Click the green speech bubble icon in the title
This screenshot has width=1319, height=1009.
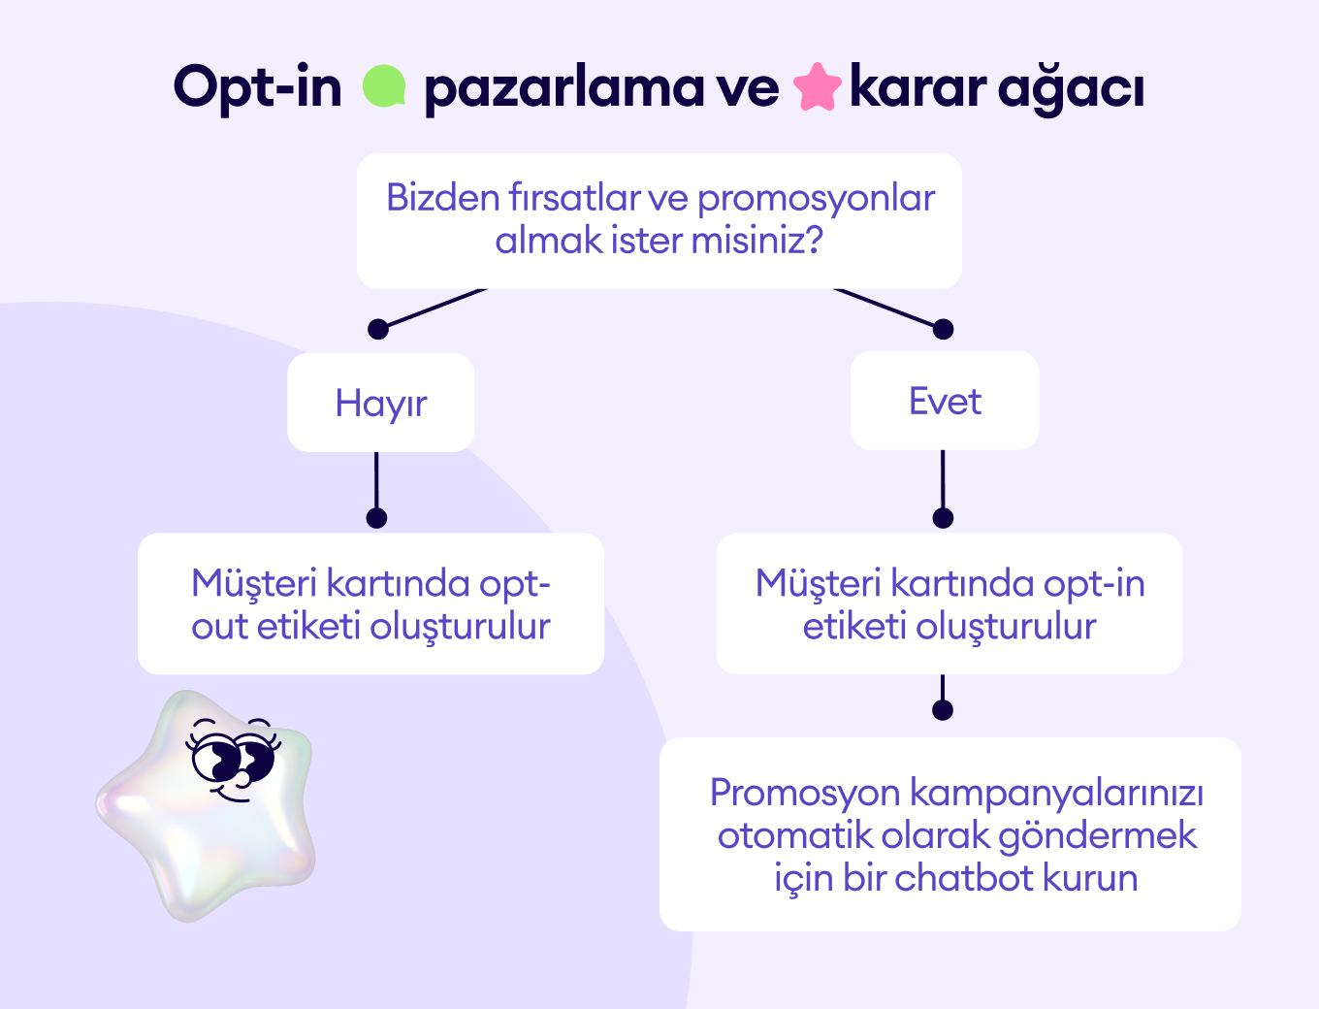pos(384,86)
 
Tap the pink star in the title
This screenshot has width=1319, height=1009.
pos(818,86)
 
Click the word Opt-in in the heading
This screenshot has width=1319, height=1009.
pos(257,87)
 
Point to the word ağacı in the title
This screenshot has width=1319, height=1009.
pos(1071,90)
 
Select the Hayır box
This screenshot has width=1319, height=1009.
pos(381,402)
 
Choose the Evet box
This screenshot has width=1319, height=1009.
pos(945,401)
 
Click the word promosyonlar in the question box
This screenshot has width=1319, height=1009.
pos(816,199)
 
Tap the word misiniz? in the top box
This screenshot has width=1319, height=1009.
pos(757,240)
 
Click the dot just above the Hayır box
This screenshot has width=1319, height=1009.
pos(378,329)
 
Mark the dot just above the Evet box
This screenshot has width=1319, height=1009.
pos(944,329)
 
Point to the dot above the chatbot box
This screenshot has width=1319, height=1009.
pos(943,710)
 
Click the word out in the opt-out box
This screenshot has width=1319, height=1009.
pos(219,627)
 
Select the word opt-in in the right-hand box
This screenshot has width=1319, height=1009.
pos(1094,585)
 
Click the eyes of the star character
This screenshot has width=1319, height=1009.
pos(233,758)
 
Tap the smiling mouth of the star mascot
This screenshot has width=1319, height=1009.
pos(233,797)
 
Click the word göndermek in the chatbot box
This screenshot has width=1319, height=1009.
pos(1098,836)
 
